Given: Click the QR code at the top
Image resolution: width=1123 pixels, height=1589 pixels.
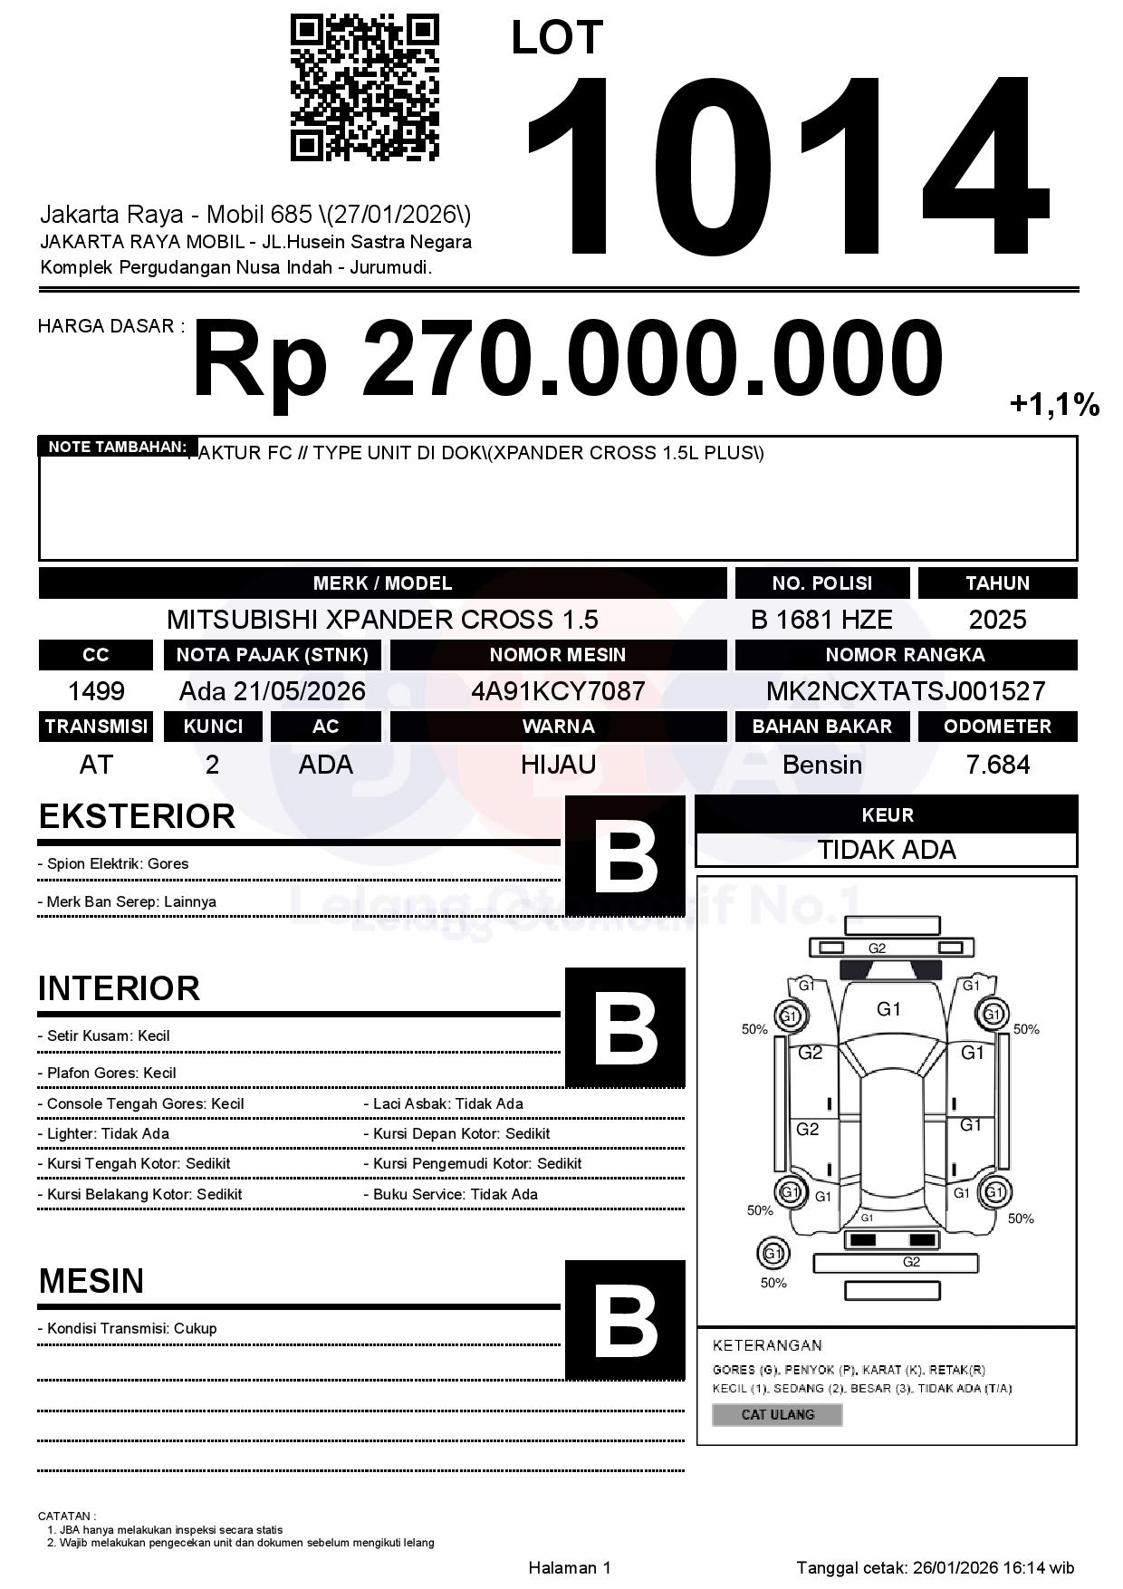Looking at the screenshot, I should (364, 88).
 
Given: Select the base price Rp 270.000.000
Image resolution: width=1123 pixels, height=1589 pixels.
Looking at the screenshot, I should (567, 359).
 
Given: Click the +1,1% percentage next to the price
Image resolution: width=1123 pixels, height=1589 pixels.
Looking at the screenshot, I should (1054, 405).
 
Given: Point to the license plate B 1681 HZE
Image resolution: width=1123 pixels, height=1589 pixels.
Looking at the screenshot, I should (821, 620).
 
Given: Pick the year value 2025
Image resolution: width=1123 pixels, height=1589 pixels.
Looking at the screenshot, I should (997, 620).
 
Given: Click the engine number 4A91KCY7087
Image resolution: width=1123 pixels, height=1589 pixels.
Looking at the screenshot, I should (558, 691).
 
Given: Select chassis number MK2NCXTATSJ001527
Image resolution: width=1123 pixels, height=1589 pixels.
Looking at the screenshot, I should (906, 691).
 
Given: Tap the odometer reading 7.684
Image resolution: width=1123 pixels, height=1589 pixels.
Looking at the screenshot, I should (997, 765).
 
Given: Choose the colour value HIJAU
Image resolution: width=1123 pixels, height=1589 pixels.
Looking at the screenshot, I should (558, 765).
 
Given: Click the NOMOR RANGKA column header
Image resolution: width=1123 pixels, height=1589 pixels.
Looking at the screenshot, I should (906, 655).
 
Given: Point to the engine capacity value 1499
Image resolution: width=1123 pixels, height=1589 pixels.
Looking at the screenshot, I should (96, 691).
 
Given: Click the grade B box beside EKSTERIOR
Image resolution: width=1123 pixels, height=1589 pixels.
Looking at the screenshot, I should (625, 856).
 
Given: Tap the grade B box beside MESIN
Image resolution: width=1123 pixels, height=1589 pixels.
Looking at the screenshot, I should (625, 1320).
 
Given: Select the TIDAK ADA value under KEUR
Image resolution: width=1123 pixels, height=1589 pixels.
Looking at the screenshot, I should (887, 850).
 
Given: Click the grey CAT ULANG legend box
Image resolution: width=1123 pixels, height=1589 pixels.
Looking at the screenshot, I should (777, 1414).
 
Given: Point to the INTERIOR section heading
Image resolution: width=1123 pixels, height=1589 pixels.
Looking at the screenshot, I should (119, 988).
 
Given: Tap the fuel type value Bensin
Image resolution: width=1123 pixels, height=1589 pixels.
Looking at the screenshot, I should (821, 765).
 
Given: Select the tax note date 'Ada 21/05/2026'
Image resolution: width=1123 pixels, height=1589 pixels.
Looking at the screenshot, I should (273, 691).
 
